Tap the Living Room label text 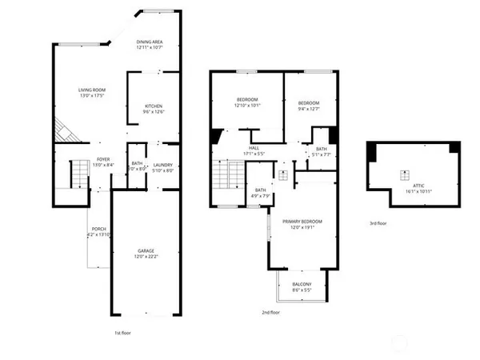pyautogui.click(x=93, y=92)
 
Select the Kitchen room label pyautogui.click(x=154, y=108)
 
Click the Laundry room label pyautogui.click(x=163, y=166)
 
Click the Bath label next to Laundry pyautogui.click(x=137, y=166)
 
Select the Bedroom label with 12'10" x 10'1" pyautogui.click(x=247, y=102)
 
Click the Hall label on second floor pyautogui.click(x=254, y=150)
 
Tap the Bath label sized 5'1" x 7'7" pyautogui.click(x=321, y=150)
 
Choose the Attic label pyautogui.click(x=412, y=188)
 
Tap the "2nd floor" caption pyautogui.click(x=270, y=312)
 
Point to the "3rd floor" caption pyautogui.click(x=378, y=223)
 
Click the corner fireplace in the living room pyautogui.click(x=63, y=131)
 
